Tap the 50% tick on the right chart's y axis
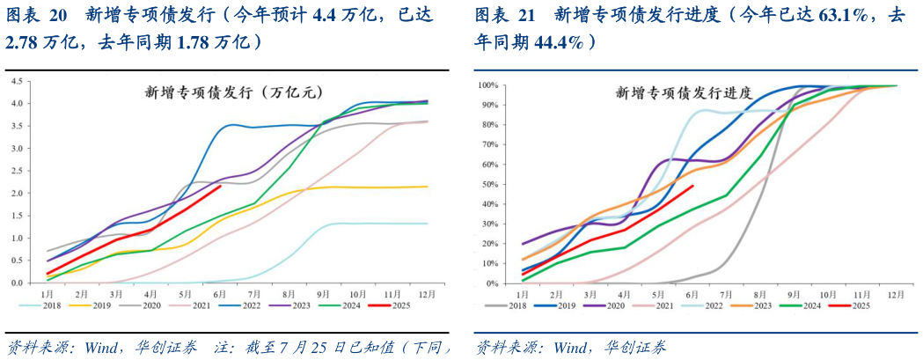click(491, 185)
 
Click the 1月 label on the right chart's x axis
click(522, 293)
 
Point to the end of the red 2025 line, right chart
click(693, 186)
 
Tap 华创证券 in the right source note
click(634, 346)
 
